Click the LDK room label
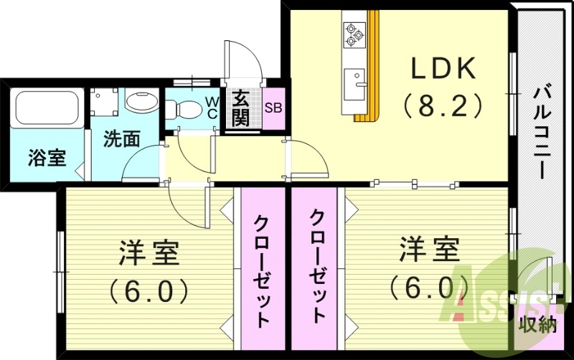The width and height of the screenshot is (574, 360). pos(443,70)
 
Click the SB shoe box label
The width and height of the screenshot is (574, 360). pos(273,109)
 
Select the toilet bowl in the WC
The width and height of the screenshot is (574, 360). pos(187,110)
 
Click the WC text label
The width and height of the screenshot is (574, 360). pos(213,108)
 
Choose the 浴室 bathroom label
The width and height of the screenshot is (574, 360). pos(47,158)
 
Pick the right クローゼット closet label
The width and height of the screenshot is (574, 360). pos(317,265)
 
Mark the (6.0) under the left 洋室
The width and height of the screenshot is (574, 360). pos(149,290)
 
